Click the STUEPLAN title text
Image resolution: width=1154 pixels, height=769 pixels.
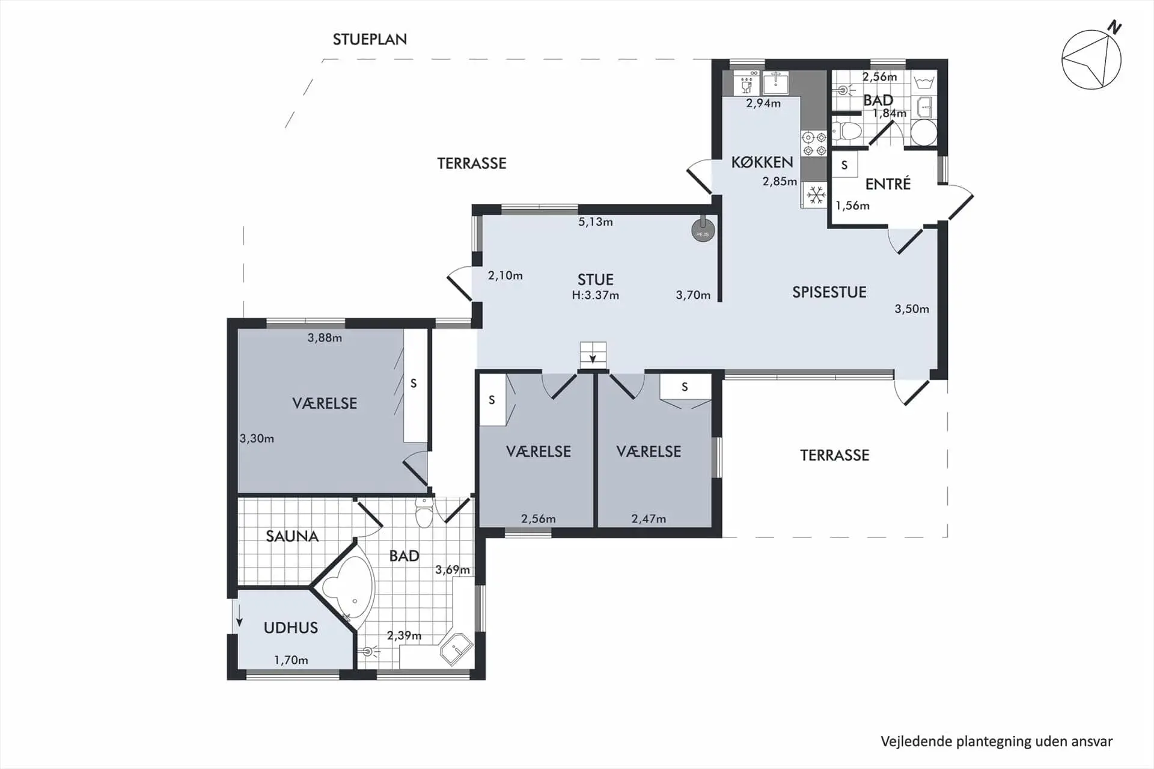pyautogui.click(x=370, y=40)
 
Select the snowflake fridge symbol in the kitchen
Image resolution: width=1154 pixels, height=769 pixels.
pyautogui.click(x=815, y=195)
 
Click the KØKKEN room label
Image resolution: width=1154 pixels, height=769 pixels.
pyautogui.click(x=762, y=162)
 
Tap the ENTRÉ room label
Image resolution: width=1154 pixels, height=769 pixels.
pyautogui.click(x=888, y=184)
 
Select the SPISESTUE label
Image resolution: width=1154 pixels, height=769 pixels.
pyautogui.click(x=829, y=293)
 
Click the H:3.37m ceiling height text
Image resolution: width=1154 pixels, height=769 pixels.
pyautogui.click(x=595, y=295)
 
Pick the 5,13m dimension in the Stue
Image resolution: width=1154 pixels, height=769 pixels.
pyautogui.click(x=595, y=222)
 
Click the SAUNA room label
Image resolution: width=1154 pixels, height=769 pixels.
pyautogui.click(x=292, y=536)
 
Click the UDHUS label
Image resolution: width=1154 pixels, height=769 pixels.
pyautogui.click(x=290, y=628)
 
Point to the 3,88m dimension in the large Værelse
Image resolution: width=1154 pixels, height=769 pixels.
pyautogui.click(x=325, y=338)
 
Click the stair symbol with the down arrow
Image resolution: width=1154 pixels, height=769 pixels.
pyautogui.click(x=593, y=354)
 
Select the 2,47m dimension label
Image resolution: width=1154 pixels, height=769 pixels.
pyautogui.click(x=649, y=519)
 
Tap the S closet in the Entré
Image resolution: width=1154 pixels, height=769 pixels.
pyautogui.click(x=844, y=165)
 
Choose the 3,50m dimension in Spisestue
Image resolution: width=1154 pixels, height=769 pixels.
pyautogui.click(x=911, y=309)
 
